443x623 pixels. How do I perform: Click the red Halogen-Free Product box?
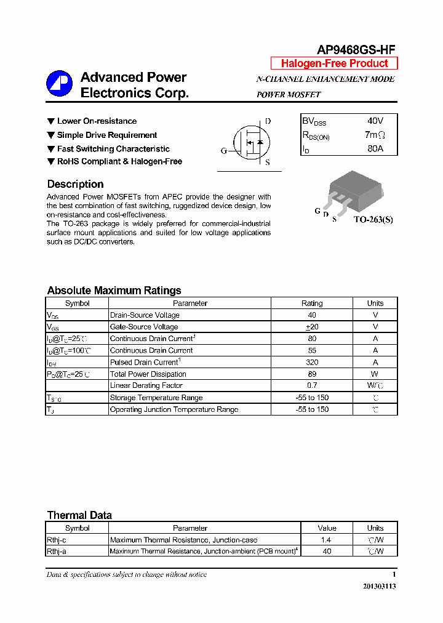[x=334, y=63]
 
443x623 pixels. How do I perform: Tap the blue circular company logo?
[x=60, y=84]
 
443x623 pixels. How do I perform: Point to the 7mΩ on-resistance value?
[x=374, y=135]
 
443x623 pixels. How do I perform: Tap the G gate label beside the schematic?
[x=223, y=151]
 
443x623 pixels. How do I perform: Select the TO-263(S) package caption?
[x=372, y=220]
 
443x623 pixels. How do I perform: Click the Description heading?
[x=75, y=184]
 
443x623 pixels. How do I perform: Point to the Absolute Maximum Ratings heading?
[x=114, y=291]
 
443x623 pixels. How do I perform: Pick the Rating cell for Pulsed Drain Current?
[x=312, y=363]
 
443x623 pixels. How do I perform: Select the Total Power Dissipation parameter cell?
[x=148, y=374]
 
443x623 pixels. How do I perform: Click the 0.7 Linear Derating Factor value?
[x=312, y=386]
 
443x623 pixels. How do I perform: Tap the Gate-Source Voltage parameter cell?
[x=144, y=327]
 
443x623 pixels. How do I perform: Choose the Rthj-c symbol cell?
[x=57, y=540]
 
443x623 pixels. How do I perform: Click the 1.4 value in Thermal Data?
[x=327, y=540]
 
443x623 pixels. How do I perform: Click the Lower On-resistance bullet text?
[x=97, y=121]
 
